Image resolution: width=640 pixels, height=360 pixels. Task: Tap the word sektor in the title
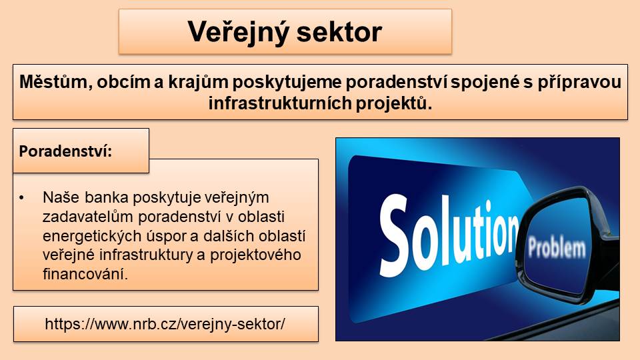pyautogui.click(x=339, y=32)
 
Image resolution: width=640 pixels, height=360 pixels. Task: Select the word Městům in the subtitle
pyautogui.click(x=56, y=82)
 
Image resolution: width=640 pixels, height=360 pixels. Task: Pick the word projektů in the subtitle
pyautogui.click(x=393, y=104)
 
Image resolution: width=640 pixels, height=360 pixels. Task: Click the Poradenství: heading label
pyautogui.click(x=65, y=151)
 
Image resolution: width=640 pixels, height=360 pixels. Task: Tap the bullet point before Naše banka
pyautogui.click(x=21, y=198)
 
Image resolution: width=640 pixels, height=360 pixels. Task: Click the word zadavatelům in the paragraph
pyautogui.click(x=88, y=217)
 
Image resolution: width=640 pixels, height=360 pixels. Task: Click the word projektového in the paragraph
pyautogui.click(x=255, y=255)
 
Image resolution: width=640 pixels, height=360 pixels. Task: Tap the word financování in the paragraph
pyautogui.click(x=85, y=274)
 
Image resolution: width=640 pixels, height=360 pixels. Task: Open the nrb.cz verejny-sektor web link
pyautogui.click(x=165, y=324)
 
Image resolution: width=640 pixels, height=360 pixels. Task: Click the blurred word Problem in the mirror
pyautogui.click(x=557, y=247)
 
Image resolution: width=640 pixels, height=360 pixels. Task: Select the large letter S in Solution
pyautogui.click(x=394, y=235)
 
